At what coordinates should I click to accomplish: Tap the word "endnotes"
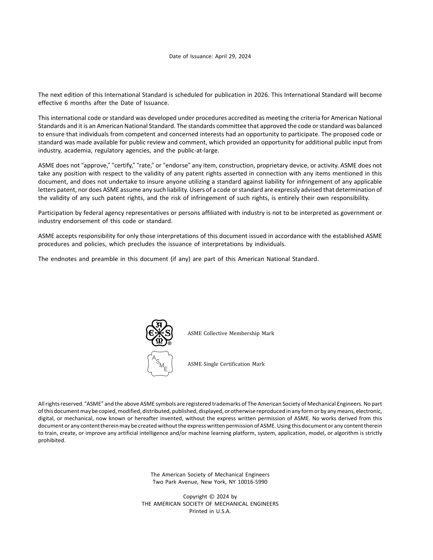coord(63,259)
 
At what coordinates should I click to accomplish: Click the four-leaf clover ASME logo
coord(158,332)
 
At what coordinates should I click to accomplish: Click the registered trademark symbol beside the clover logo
coord(170,344)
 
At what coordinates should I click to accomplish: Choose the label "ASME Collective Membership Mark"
coord(231,333)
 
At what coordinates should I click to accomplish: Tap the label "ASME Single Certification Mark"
coord(226,364)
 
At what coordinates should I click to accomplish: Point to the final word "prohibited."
coord(52,440)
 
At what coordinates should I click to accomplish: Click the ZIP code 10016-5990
coord(252,482)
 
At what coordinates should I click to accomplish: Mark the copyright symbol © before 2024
coord(211,497)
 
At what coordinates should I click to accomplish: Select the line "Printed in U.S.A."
coord(210,511)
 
